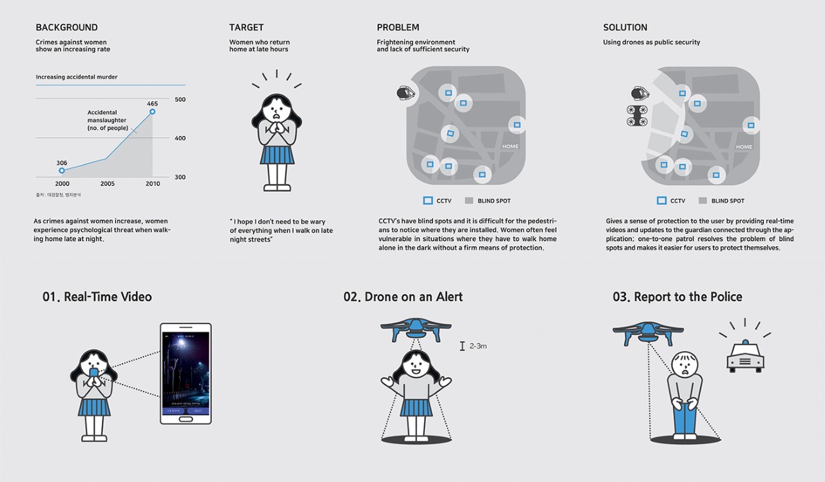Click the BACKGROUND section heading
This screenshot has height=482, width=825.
[67, 28]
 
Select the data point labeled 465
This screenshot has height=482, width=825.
[153, 111]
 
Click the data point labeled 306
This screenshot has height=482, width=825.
[62, 170]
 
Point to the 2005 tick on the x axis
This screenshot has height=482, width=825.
[107, 184]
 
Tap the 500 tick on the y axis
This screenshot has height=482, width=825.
[180, 100]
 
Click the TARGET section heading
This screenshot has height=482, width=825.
[246, 28]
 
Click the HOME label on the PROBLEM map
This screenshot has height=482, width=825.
[510, 146]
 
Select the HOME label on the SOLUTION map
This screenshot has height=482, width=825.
[744, 147]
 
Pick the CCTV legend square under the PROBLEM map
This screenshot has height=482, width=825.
[428, 200]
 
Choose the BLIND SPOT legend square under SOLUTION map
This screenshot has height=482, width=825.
[703, 200]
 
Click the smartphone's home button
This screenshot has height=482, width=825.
[186, 419]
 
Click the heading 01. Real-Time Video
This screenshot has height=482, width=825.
[97, 297]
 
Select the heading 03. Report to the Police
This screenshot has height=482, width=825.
[677, 297]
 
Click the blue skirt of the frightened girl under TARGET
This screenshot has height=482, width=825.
[277, 154]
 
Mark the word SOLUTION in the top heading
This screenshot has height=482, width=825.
[625, 28]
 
